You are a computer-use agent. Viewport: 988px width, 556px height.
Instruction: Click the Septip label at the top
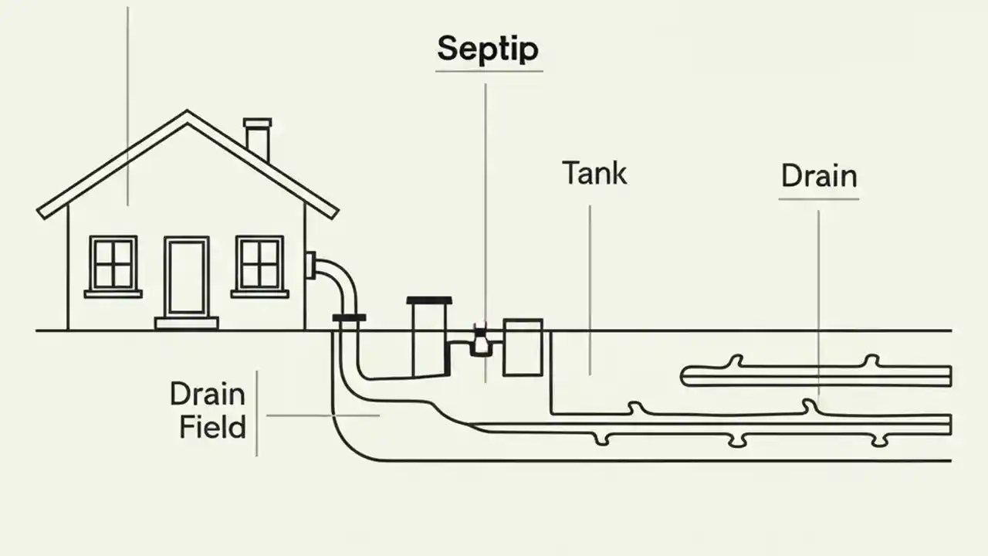(488, 49)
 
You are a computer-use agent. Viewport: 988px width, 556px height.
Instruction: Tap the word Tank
(594, 173)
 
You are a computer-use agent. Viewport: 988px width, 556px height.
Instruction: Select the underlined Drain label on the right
(819, 176)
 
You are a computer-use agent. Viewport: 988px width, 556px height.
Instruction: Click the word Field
(212, 427)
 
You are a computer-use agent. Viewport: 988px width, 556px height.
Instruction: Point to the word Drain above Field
(208, 394)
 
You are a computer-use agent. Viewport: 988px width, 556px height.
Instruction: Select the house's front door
(186, 276)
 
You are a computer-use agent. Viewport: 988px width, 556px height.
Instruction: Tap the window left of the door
(113, 263)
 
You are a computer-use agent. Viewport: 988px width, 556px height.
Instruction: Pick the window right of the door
(259, 263)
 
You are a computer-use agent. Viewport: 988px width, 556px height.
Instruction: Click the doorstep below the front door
(186, 323)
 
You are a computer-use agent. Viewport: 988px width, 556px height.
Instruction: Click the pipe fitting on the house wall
(310, 265)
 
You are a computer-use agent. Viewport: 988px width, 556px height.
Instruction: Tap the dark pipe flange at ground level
(349, 317)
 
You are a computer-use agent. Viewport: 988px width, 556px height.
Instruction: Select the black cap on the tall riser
(429, 300)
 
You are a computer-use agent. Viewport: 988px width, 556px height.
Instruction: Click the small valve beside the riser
(481, 341)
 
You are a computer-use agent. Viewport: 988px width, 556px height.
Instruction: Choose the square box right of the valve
(523, 347)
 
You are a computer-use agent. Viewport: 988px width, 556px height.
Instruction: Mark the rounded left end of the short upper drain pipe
(685, 376)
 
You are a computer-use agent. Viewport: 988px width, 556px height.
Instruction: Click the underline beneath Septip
(489, 72)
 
